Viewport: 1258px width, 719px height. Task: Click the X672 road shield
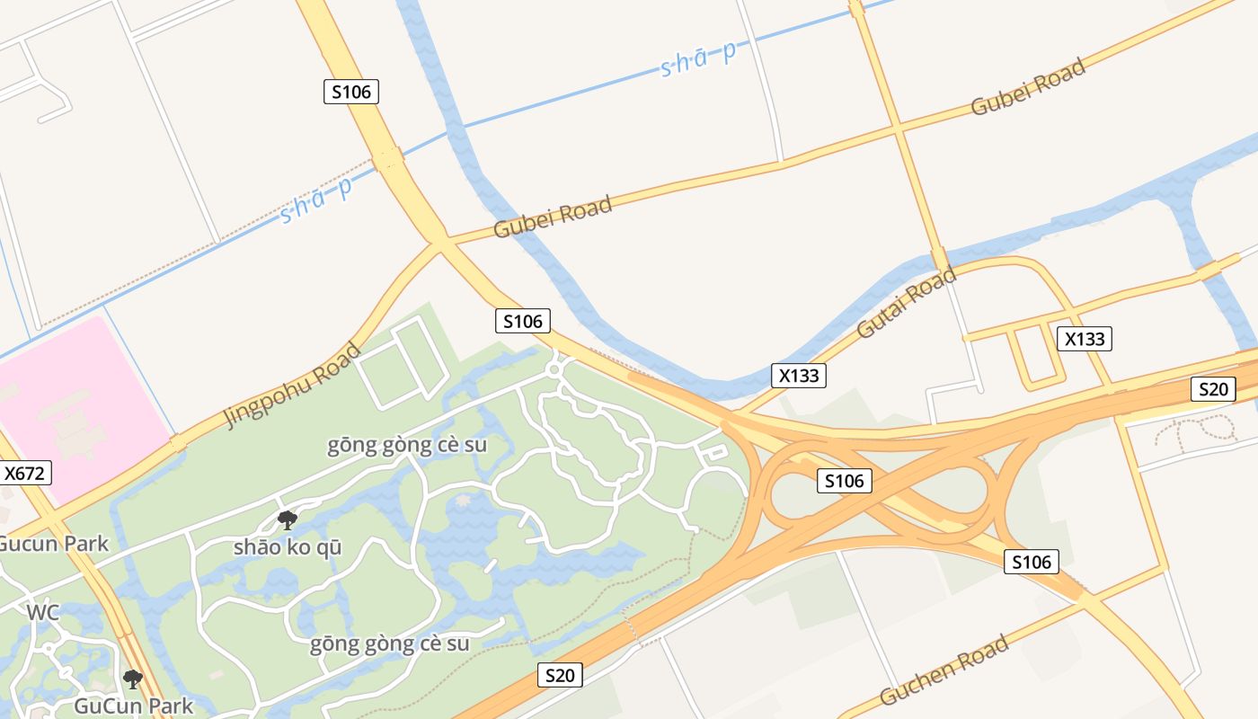pos(24,473)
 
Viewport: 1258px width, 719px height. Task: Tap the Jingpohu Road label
pos(293,385)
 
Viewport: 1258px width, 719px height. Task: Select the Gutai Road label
pos(907,303)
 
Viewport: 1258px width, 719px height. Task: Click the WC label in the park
pos(42,613)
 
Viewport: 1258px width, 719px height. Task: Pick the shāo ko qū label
pos(288,546)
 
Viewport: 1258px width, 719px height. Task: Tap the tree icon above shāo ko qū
pos(288,519)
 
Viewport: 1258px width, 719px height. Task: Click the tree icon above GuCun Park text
pos(133,679)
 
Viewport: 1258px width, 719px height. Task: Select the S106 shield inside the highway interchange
pos(845,481)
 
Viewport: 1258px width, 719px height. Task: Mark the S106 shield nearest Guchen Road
pos(1031,563)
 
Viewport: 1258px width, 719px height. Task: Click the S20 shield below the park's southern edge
pos(559,675)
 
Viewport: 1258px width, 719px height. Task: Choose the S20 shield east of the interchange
pos(1212,389)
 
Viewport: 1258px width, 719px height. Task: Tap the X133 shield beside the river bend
pos(799,376)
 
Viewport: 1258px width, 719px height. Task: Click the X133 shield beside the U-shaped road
pos(1085,339)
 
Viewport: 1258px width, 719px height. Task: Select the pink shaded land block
pos(81,404)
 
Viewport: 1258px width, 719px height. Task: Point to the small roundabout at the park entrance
pos(554,368)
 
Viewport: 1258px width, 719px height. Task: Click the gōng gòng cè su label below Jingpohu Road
pos(407,445)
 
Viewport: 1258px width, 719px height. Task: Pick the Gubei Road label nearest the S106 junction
pos(553,217)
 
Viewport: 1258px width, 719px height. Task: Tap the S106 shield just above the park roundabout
pos(522,321)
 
